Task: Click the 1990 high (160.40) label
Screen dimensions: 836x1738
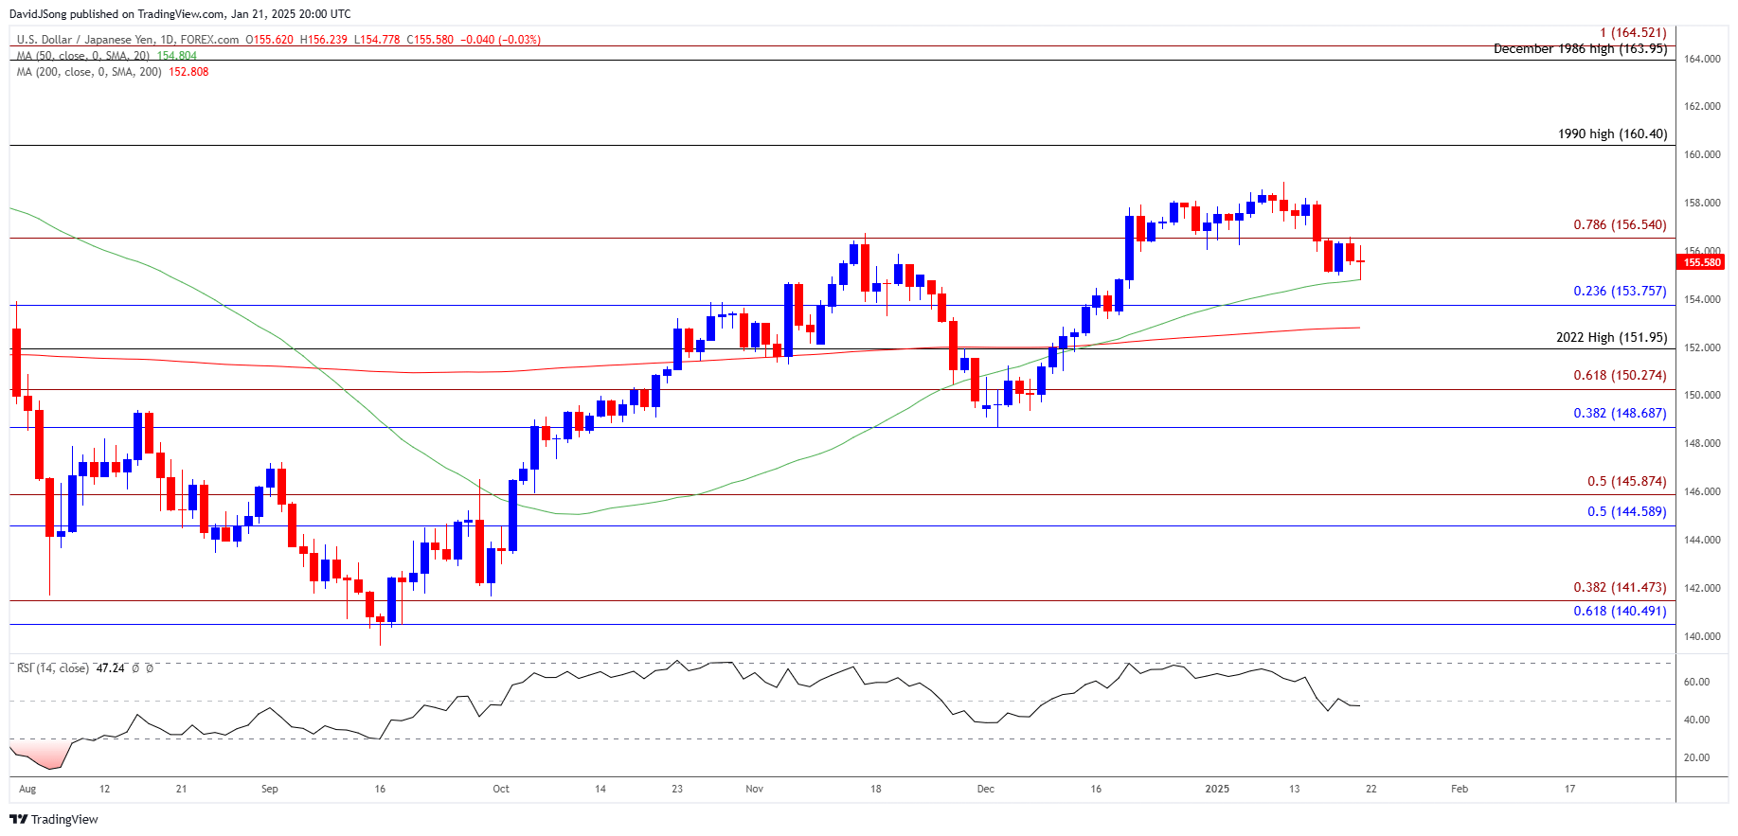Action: coord(1612,134)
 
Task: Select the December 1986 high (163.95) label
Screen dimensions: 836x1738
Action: coord(1580,49)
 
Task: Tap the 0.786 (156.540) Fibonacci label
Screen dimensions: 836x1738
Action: coord(1620,225)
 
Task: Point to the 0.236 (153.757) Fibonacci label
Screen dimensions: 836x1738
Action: coord(1620,292)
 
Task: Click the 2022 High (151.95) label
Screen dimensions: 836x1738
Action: coord(1611,338)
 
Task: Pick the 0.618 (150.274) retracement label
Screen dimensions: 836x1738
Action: coord(1620,376)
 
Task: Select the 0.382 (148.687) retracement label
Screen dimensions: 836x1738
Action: coord(1620,414)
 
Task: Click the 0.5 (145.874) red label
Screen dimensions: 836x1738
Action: coord(1626,482)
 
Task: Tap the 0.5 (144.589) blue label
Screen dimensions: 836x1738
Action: coord(1626,512)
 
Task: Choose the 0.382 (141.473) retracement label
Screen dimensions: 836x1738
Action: coord(1620,588)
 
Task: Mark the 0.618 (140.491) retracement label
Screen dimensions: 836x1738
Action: coord(1620,612)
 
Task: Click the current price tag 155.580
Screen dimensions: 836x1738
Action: coord(1702,262)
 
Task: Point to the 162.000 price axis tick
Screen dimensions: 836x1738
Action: coord(1702,106)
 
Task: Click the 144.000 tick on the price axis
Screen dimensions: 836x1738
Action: coord(1702,540)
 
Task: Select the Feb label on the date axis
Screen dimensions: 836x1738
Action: coord(1460,789)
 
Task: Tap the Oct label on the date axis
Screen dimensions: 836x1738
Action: coord(501,789)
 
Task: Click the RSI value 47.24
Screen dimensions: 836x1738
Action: coord(111,668)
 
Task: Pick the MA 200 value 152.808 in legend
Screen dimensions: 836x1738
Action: coord(188,72)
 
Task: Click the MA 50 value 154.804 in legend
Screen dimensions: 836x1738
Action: coord(177,56)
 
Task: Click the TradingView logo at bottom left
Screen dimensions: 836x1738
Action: coord(55,819)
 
